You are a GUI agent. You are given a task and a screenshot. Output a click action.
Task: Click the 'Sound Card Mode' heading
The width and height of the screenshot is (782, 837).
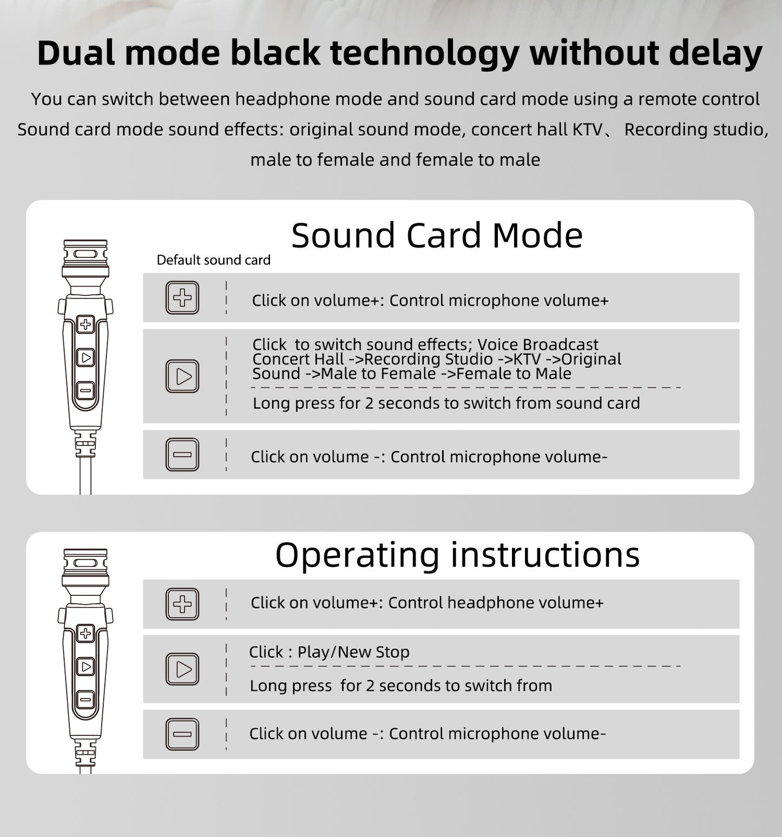[437, 236]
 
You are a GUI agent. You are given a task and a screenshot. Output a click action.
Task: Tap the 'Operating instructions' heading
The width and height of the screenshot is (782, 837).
[457, 555]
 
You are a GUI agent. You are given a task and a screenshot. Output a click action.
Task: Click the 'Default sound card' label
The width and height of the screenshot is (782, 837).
[213, 260]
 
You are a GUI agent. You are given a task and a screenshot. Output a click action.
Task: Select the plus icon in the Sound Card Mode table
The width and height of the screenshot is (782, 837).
[182, 298]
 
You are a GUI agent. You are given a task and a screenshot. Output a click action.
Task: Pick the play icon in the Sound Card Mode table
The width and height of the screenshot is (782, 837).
[182, 376]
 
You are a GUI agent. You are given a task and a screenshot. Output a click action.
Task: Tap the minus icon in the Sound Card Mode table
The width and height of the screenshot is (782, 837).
[182, 455]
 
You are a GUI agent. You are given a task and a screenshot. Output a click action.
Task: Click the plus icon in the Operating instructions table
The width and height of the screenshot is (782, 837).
[182, 604]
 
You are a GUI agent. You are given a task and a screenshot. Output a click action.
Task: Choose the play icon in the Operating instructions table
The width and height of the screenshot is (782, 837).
[182, 669]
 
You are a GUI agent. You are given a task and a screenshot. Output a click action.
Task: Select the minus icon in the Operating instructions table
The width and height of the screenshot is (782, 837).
[182, 734]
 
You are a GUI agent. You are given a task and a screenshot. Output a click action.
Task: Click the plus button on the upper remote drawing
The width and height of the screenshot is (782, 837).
[86, 324]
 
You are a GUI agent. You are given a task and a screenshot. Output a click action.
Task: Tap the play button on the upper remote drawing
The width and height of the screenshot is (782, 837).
[86, 357]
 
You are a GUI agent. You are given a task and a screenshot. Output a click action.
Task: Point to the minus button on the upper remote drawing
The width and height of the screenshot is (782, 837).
[86, 390]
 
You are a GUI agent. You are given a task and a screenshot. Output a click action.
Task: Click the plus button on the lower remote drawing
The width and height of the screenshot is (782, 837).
[86, 633]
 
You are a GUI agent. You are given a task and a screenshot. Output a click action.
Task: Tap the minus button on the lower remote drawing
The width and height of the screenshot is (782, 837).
[86, 700]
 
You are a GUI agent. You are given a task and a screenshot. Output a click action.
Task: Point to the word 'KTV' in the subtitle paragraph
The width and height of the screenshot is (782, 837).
[587, 130]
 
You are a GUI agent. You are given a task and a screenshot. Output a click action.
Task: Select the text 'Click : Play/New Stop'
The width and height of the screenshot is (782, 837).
[329, 652]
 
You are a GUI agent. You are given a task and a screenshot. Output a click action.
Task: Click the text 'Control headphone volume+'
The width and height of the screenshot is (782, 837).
[496, 603]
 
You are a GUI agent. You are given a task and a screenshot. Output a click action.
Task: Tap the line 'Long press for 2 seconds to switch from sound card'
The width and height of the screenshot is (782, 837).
[446, 403]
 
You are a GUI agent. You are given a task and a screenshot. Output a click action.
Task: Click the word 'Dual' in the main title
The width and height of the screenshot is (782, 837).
[76, 54]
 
